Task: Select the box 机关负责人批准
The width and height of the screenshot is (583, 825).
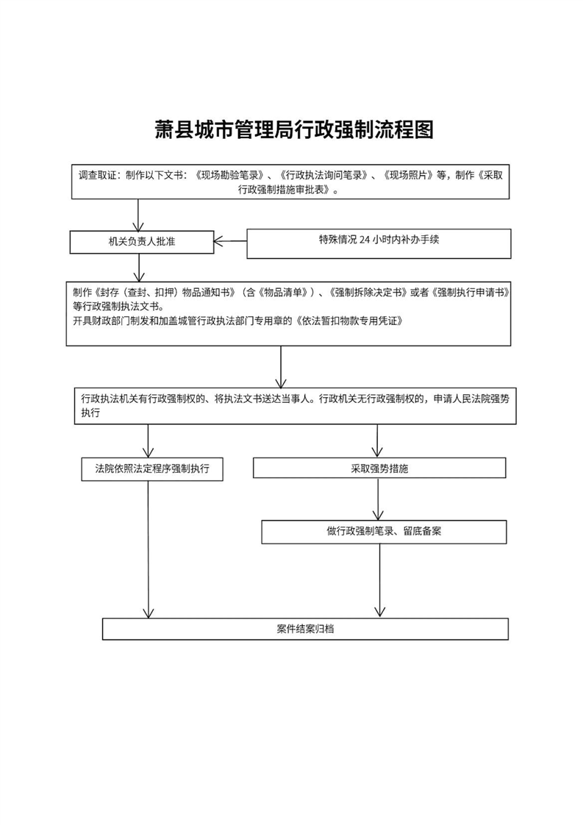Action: [142, 242]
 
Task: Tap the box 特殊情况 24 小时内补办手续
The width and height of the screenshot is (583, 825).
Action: [379, 243]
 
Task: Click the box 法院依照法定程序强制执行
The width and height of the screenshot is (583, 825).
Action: [152, 468]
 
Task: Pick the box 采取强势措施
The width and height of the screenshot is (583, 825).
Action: [379, 468]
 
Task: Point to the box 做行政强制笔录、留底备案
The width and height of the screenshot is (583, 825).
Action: [384, 531]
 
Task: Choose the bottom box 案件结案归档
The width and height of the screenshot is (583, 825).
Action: [305, 629]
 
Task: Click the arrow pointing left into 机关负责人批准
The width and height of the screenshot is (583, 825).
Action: [230, 240]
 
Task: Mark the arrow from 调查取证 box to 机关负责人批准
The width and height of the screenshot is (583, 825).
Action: [138, 215]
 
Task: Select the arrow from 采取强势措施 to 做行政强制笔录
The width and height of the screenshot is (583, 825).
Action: [379, 499]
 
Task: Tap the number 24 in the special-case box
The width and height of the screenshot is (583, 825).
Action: [365, 240]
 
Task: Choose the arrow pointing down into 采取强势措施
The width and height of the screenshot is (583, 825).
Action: [378, 441]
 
